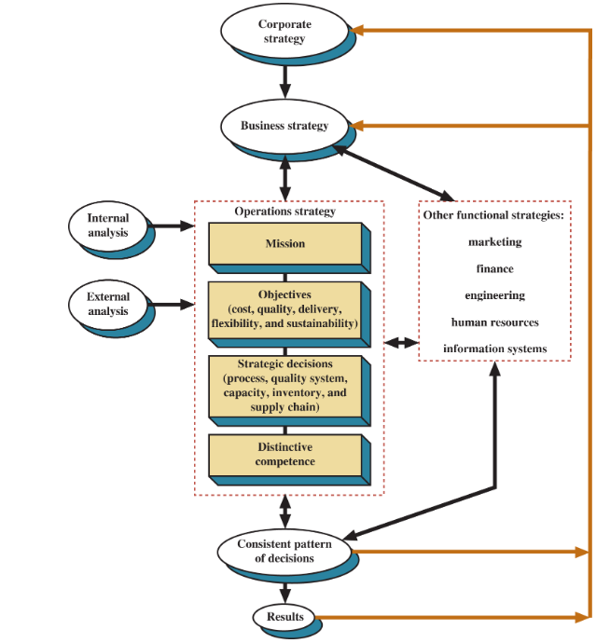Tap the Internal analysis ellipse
[x=108, y=225]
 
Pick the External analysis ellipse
[x=108, y=304]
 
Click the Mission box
[x=284, y=244]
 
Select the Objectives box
[x=284, y=309]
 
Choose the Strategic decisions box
[x=284, y=385]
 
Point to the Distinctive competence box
[x=284, y=455]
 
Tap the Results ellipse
[x=284, y=617]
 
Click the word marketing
[x=494, y=242]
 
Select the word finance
[x=494, y=268]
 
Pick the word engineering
[x=494, y=295]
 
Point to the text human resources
[x=494, y=322]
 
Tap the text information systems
[x=494, y=349]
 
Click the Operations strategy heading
[x=284, y=212]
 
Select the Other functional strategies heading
[x=494, y=215]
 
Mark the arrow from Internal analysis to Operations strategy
[x=172, y=226]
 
